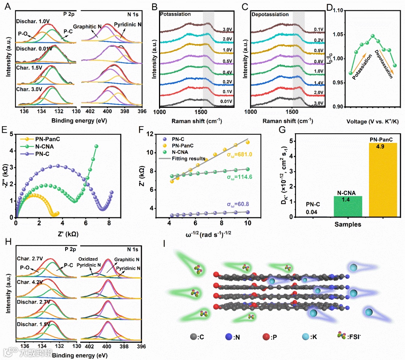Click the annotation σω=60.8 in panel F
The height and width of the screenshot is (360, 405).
(237, 205)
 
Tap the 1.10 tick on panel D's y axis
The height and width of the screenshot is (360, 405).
(339, 11)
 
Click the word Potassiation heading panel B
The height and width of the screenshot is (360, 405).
(175, 14)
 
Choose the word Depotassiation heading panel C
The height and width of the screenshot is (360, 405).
(270, 14)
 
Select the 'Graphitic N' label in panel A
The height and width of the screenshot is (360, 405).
(87, 27)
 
